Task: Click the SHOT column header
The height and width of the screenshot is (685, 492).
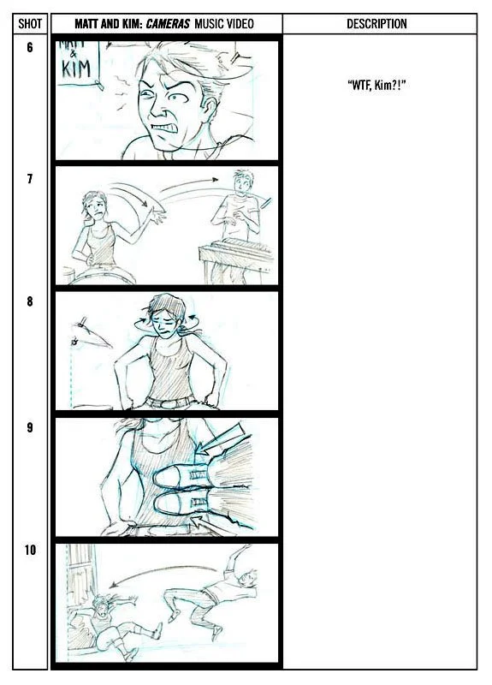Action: coord(30,24)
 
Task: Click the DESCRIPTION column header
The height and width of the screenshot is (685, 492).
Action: coord(376,24)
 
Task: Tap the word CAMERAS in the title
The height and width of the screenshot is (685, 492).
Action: coord(168,24)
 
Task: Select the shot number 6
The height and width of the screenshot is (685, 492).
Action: coord(30,47)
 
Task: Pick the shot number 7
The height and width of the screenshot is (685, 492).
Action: coord(30,179)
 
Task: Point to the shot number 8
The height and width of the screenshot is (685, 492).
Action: coord(30,301)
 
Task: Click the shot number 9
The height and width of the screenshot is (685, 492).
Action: coord(30,427)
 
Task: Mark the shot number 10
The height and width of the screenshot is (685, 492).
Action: coord(30,550)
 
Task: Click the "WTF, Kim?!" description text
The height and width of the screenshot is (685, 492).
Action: coord(376,85)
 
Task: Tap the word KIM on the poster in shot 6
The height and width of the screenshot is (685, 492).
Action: coord(76,69)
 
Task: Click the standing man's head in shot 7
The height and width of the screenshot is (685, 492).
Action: coord(244,182)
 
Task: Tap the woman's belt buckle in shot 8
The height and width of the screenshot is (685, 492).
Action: coord(167,404)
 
